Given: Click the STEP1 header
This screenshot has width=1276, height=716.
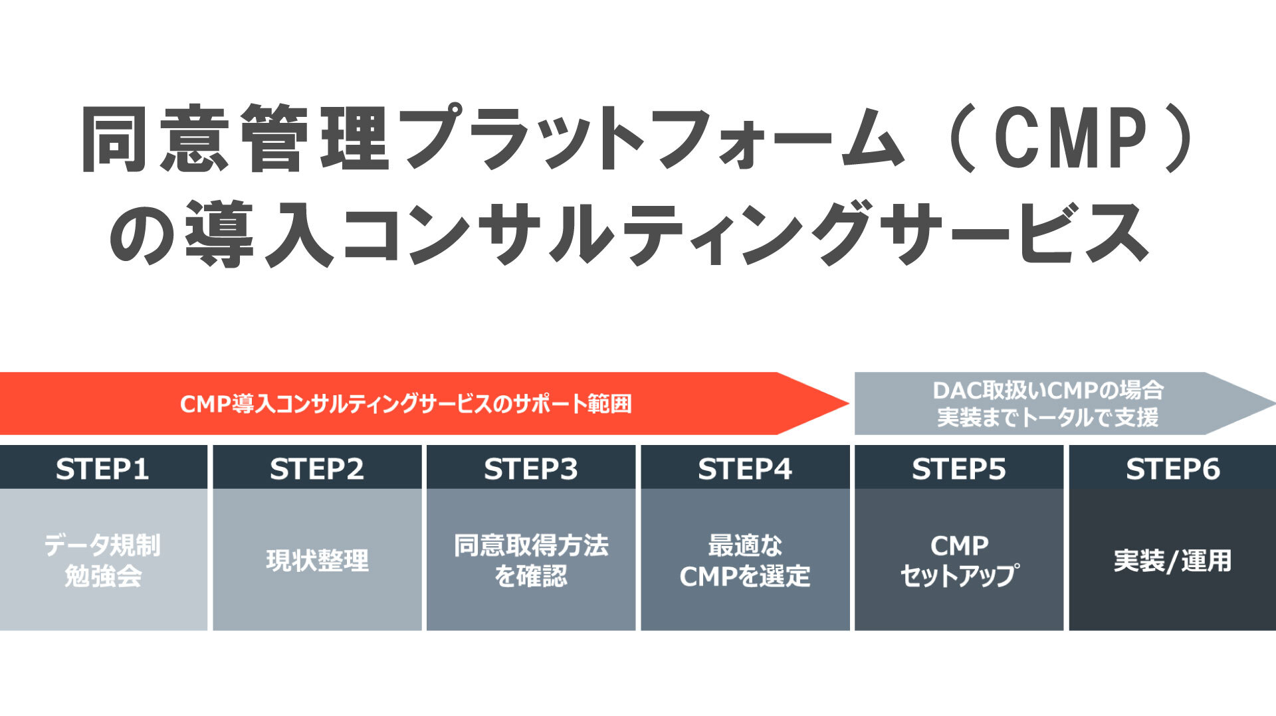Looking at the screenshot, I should [102, 469].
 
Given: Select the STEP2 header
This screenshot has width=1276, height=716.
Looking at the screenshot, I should [317, 469].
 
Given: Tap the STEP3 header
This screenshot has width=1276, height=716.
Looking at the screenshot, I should [531, 469].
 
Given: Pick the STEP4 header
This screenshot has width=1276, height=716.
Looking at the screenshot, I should [745, 469].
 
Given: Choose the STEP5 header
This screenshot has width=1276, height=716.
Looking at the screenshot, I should [959, 469].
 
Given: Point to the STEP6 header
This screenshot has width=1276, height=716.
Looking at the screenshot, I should [1173, 469].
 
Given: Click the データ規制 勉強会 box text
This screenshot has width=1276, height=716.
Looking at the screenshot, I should [102, 561].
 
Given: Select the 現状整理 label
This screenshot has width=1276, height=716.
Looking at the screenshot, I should [317, 561].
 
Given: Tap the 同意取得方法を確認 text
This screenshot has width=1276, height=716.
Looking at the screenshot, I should [531, 561].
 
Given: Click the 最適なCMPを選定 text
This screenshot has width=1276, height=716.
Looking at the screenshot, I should [745, 561].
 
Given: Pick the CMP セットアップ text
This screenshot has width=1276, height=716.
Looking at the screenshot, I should [959, 561].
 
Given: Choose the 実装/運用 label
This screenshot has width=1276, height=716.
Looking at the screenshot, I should [1173, 561].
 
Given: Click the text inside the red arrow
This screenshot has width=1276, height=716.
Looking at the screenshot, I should [405, 404].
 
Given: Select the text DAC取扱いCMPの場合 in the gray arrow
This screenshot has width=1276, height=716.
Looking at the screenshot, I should [1048, 390].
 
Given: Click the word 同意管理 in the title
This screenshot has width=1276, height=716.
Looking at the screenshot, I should [236, 138].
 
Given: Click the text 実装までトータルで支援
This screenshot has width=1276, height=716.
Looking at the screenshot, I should [1048, 418].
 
